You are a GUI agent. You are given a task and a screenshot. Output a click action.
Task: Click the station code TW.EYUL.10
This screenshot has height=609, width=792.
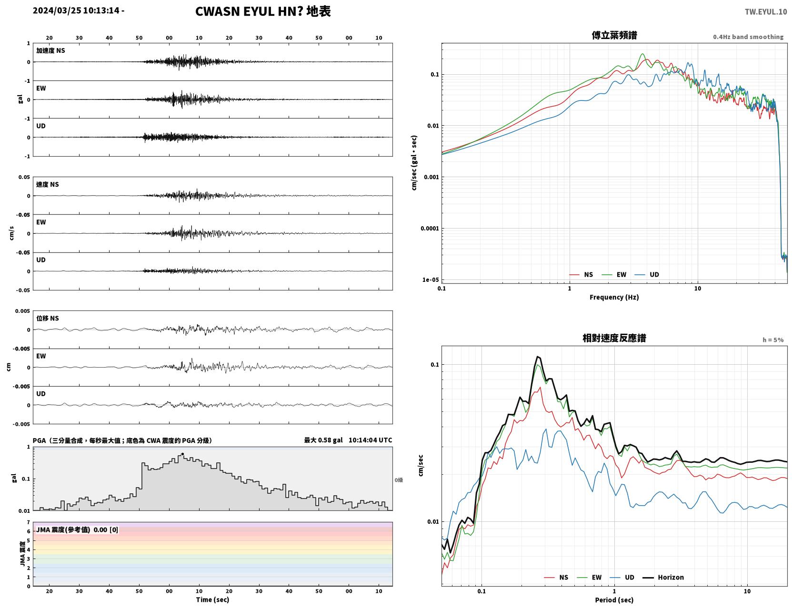tap(765, 11)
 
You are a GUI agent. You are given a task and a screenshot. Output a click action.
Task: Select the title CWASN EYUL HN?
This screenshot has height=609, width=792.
tap(249, 11)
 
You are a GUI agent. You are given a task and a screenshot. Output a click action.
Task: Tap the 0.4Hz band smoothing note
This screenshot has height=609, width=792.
tap(748, 37)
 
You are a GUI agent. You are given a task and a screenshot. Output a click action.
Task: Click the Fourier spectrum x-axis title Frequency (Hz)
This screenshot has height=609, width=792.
tap(614, 297)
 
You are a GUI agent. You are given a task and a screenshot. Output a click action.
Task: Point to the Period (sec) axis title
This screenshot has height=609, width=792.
tap(614, 600)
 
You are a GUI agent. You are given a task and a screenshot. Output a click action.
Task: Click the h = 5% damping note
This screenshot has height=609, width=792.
tap(772, 340)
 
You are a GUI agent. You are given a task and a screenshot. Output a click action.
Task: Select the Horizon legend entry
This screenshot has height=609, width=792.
tap(663, 577)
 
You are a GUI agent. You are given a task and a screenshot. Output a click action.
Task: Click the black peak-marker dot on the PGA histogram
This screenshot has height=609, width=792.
tap(182, 454)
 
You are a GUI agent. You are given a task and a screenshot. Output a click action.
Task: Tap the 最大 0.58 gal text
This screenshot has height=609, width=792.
tap(323, 440)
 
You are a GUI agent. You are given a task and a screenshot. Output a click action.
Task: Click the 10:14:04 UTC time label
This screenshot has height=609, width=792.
tap(371, 440)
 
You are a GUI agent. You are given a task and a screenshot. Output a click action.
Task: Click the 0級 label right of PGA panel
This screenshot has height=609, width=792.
tap(399, 480)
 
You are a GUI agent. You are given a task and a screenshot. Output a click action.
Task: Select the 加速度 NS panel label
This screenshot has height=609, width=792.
tap(50, 50)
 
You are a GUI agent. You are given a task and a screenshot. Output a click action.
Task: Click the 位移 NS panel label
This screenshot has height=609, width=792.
tap(47, 319)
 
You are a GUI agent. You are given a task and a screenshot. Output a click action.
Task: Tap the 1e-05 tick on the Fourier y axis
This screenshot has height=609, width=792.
tap(431, 280)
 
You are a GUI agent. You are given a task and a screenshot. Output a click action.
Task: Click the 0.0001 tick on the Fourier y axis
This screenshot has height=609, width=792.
tap(430, 229)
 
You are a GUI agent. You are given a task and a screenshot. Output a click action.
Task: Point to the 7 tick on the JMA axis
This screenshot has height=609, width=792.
tap(29, 522)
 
